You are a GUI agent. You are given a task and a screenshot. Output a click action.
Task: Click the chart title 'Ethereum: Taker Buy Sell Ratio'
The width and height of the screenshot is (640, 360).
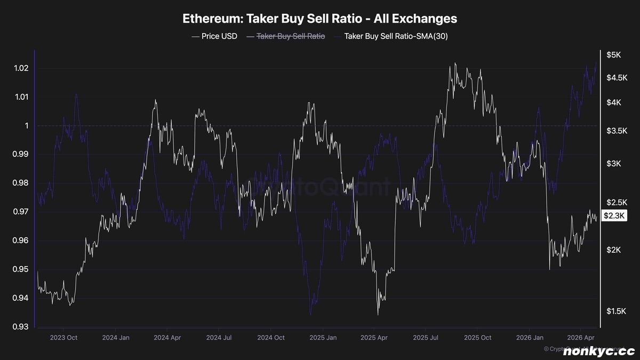[319, 19]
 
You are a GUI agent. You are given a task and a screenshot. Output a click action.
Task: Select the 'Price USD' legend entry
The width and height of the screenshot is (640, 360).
[214, 36]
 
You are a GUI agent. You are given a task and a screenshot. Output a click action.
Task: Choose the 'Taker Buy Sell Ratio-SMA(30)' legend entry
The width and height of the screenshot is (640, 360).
[394, 36]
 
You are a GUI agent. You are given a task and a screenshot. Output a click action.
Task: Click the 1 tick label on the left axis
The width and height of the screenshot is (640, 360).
[26, 126]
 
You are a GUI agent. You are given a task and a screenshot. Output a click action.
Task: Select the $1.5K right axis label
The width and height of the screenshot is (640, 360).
[616, 311]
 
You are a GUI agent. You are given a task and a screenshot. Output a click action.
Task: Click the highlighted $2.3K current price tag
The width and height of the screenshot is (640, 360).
[614, 215]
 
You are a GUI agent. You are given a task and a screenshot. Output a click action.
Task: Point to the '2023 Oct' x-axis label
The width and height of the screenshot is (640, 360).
[63, 338]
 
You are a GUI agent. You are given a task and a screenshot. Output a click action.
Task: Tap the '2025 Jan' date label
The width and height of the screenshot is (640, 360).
[323, 338]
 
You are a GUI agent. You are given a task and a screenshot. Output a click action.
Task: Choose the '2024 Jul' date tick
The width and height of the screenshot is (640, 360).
[219, 338]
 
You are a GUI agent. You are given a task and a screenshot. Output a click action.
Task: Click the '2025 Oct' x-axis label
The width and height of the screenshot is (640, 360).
[478, 338]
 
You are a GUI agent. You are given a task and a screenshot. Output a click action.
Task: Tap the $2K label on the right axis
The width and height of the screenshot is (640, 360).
[613, 250]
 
